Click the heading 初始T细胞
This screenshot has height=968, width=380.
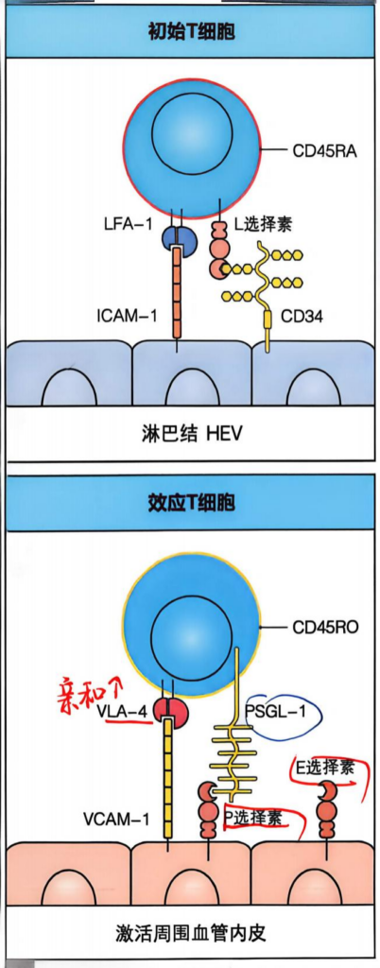pyautogui.click(x=192, y=31)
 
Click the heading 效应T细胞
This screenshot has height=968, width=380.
pyautogui.click(x=192, y=503)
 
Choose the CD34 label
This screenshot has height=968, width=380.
pyautogui.click(x=302, y=318)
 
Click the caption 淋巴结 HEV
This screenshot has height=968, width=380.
pyautogui.click(x=190, y=434)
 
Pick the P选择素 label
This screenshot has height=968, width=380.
pyautogui.click(x=255, y=819)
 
